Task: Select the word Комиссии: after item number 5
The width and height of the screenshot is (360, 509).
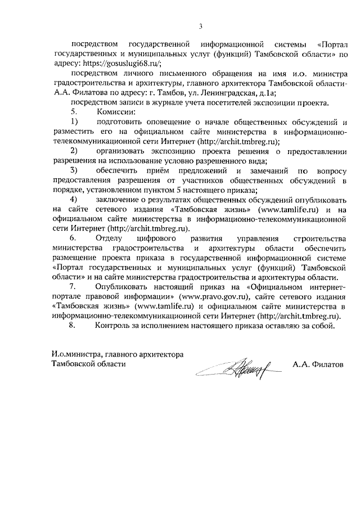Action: [x=119, y=112]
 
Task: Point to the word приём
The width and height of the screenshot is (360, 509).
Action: [x=171, y=170]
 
